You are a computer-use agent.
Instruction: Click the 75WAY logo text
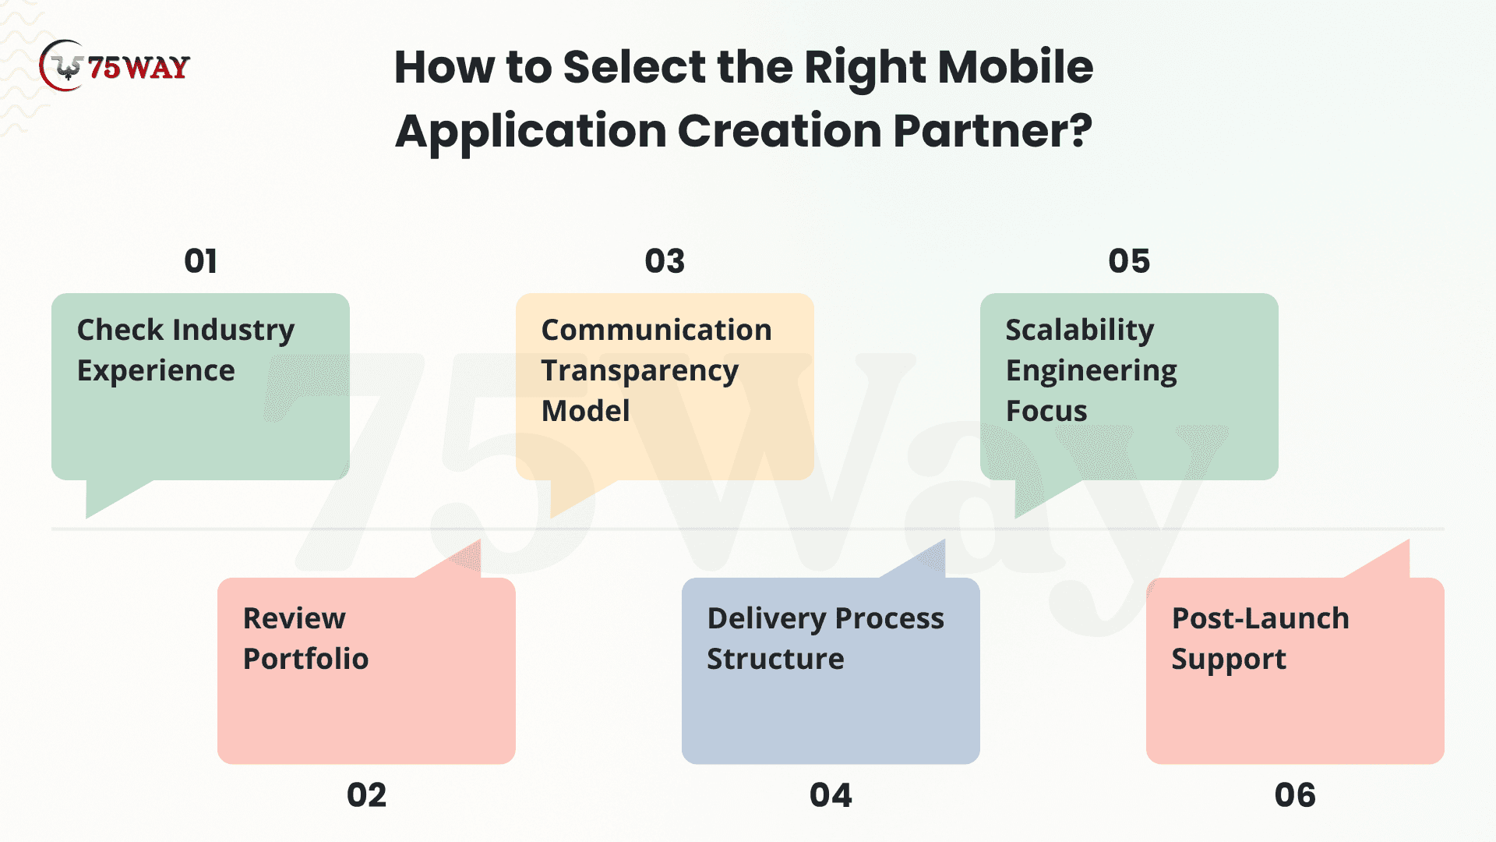coord(139,68)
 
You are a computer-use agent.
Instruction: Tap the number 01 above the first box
coord(200,261)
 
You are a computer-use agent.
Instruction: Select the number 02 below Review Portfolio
coord(366,795)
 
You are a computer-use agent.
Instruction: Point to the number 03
coord(665,261)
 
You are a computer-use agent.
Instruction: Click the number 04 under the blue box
coord(831,795)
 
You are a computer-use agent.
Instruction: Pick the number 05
coord(1129,261)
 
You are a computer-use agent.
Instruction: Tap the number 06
coord(1295,795)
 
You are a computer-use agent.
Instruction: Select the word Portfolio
coord(306,659)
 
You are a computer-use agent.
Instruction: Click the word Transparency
coord(640,372)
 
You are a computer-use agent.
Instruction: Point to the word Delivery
coord(767,620)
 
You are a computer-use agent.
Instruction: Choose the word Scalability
coord(1080,331)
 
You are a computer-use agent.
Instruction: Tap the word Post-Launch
coord(1261,618)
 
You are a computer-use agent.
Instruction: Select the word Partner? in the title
coord(993,130)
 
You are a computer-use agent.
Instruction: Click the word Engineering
coord(1092,372)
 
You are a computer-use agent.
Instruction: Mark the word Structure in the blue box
coord(775,659)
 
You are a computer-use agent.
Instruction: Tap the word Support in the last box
coord(1229,660)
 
